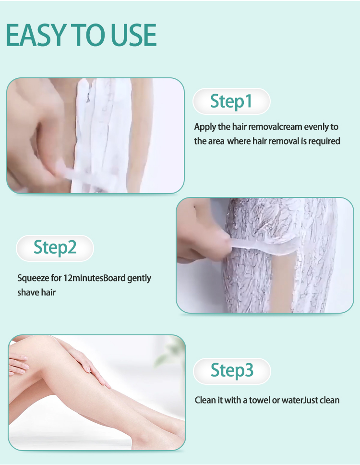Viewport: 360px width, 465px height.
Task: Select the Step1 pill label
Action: coord(231,101)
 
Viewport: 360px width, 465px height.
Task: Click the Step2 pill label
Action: coord(55,248)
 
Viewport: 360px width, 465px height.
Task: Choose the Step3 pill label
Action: coord(232,371)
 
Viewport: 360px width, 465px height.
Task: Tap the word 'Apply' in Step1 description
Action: coord(205,127)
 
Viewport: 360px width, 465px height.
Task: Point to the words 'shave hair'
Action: coord(36,293)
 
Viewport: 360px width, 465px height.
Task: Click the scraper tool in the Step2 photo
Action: coord(264,246)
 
